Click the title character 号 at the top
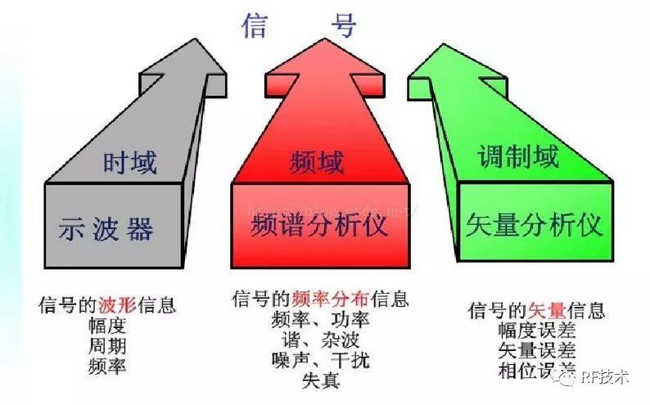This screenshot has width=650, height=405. (x=344, y=25)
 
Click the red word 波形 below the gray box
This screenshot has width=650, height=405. (x=116, y=306)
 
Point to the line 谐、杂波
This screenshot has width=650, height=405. (x=320, y=340)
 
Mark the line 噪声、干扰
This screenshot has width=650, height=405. (x=320, y=360)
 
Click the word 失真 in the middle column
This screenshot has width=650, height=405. (x=320, y=380)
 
